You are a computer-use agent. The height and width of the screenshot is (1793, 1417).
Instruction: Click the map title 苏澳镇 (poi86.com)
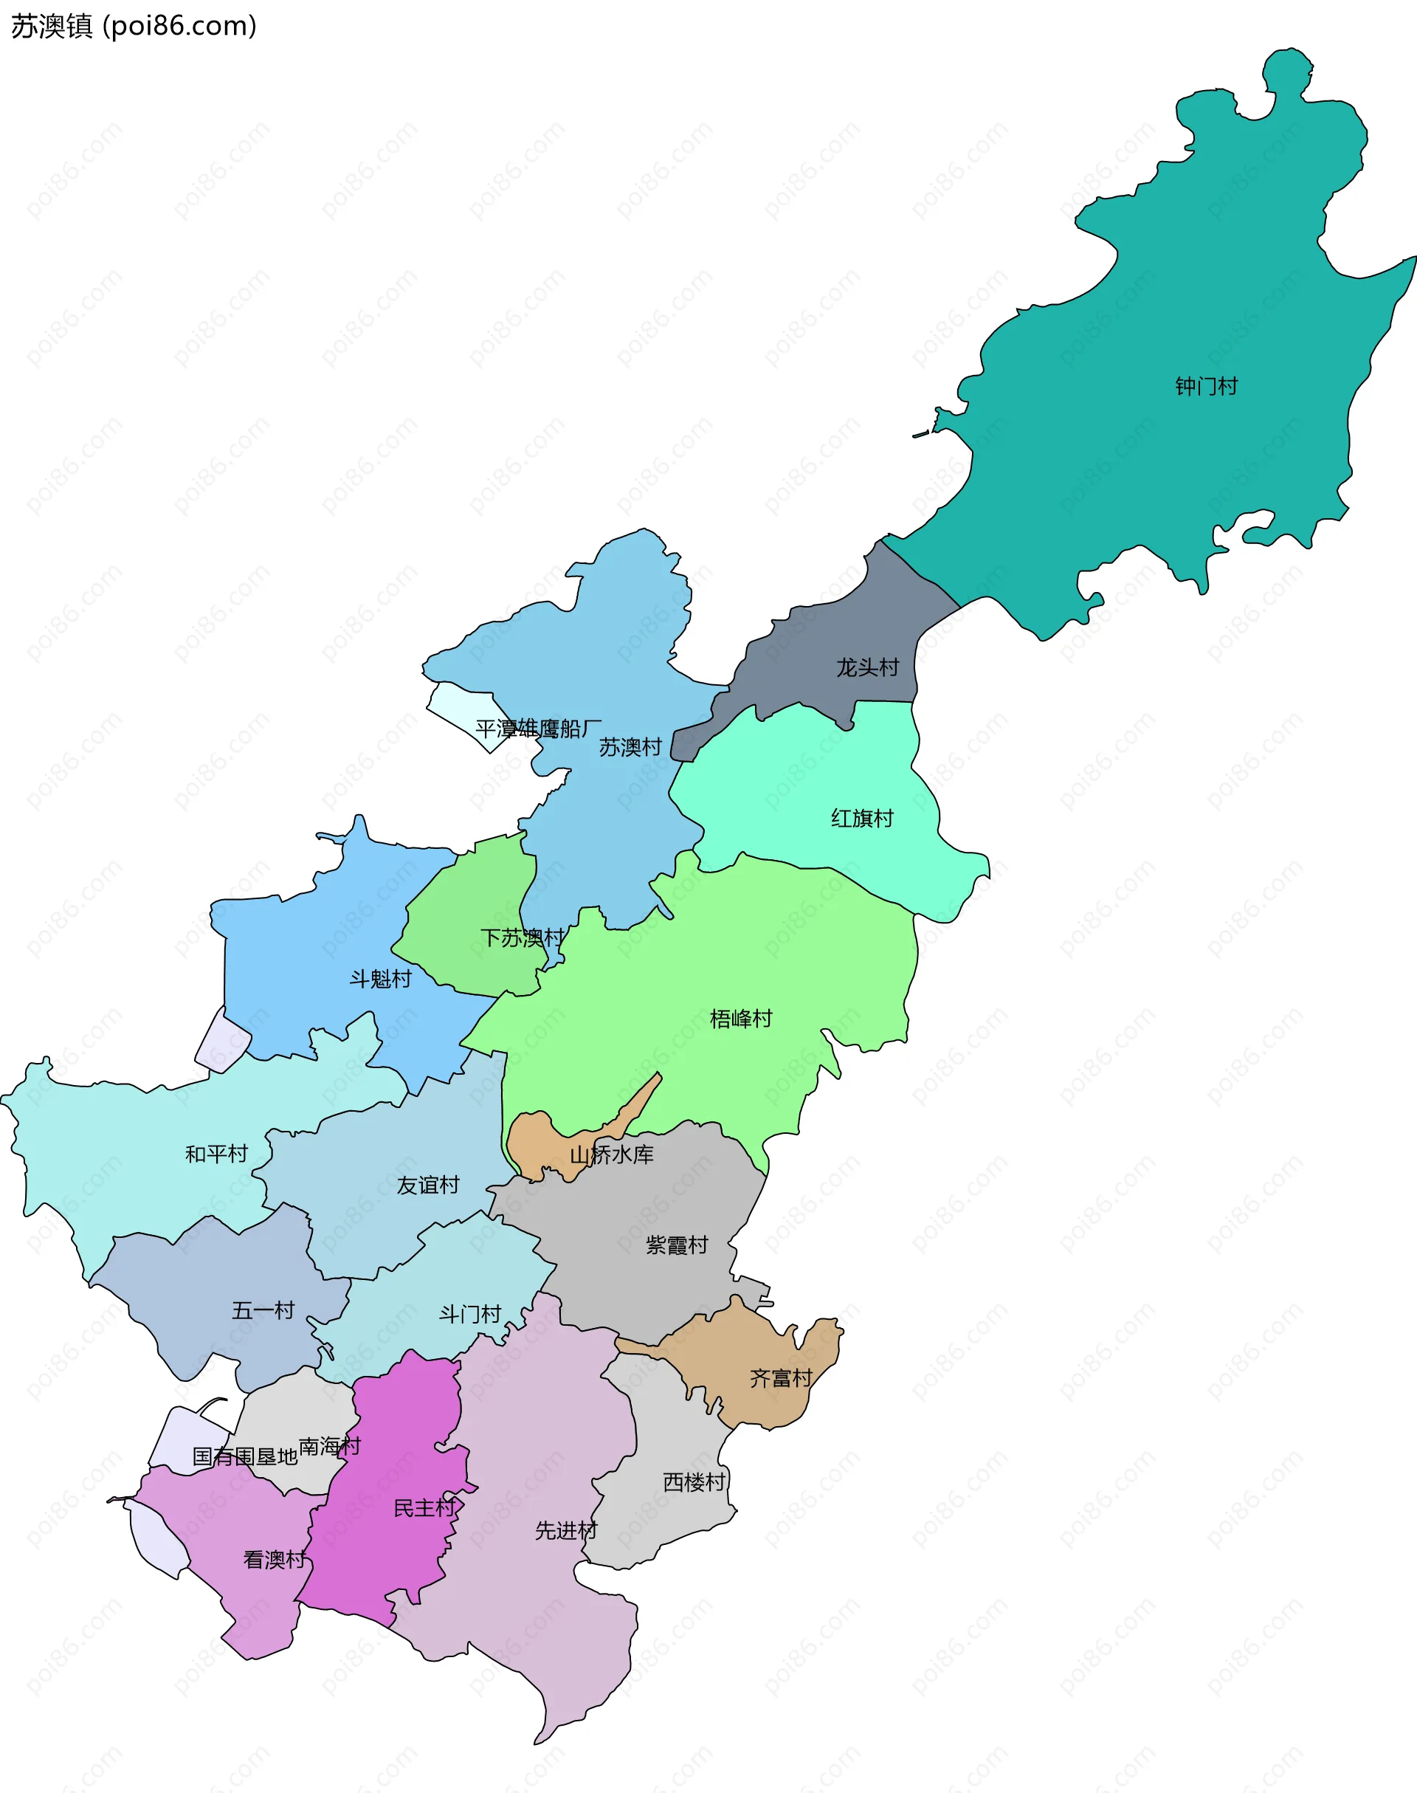coord(134,27)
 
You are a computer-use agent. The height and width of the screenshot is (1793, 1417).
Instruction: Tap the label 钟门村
coord(1206,386)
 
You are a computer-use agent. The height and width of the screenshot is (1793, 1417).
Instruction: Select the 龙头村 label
coord(867,667)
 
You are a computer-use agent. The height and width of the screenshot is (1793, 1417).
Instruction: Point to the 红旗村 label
coord(862,818)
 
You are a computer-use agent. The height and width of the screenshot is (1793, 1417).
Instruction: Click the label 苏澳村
coord(630,747)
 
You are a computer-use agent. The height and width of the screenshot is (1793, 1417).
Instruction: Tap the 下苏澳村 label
coord(523,937)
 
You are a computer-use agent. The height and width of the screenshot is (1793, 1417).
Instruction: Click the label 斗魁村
coord(380,979)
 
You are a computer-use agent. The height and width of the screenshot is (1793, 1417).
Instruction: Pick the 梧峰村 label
coord(741,1018)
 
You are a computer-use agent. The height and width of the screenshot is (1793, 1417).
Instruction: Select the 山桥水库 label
coord(611,1154)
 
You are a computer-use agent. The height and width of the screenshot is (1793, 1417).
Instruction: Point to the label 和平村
coord(216,1153)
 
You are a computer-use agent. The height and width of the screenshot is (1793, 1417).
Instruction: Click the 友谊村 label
coord(428,1185)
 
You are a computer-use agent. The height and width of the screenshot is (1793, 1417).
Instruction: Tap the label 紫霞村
coord(677,1245)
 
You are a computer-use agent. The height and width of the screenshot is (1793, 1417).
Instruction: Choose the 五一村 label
coord(263,1310)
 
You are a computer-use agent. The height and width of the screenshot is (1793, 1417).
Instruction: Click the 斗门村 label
coord(470,1313)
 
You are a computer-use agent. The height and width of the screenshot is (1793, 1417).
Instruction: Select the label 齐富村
coord(781,1378)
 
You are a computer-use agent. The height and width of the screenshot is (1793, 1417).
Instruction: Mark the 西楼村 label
coord(694,1481)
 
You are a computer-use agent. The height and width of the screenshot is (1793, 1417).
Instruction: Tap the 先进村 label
coord(566,1530)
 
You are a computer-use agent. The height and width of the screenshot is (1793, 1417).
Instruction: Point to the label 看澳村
coord(275,1559)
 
